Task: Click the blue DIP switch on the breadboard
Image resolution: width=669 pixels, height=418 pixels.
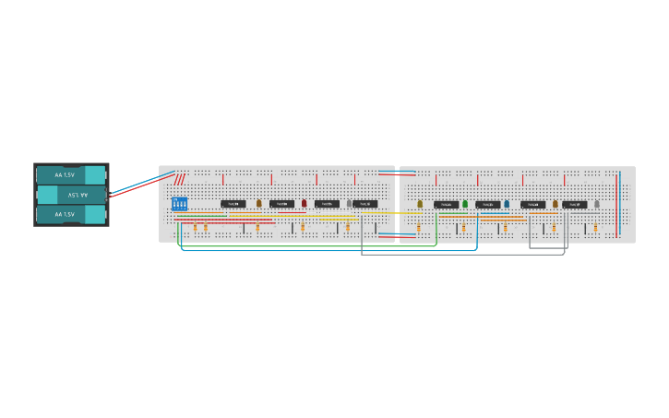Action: click(179, 203)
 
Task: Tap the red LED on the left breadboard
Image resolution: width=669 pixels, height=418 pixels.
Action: click(304, 203)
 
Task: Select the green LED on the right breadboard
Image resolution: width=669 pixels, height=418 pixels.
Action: click(465, 204)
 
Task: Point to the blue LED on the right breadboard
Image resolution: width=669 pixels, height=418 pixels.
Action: click(507, 204)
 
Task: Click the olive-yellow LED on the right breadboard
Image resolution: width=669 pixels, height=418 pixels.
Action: click(420, 204)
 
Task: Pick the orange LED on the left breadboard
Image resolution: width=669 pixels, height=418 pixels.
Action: click(259, 203)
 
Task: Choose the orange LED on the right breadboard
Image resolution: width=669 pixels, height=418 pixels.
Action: click(556, 204)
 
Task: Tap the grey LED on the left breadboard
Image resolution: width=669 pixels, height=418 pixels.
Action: click(349, 203)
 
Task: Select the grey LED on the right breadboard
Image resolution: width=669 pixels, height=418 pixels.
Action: click(597, 204)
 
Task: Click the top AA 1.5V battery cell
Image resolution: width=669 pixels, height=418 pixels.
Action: click(71, 174)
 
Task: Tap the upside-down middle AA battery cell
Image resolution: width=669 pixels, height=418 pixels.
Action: click(71, 195)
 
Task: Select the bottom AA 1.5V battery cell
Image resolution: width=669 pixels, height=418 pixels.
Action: click(71, 214)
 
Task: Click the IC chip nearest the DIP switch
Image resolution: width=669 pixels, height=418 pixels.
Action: click(233, 204)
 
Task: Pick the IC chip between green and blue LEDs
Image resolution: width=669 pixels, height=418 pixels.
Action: click(488, 205)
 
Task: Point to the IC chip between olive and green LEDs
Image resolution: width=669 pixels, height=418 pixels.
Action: click(446, 205)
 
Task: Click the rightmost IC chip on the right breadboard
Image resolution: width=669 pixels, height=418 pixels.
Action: click(575, 205)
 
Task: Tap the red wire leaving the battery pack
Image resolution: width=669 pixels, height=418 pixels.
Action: click(138, 187)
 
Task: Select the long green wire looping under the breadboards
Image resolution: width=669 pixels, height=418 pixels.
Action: click(305, 246)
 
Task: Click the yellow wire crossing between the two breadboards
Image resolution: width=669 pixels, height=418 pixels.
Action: click(397, 212)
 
